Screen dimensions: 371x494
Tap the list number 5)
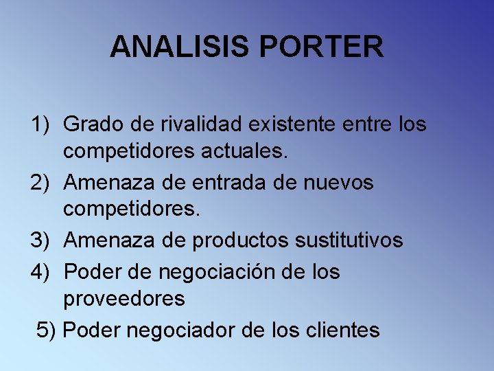pos(47,330)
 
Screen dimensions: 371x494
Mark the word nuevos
pos(340,183)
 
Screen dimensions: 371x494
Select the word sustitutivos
pos(349,240)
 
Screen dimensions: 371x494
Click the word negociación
pos(220,271)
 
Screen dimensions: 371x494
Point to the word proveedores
pos(124,300)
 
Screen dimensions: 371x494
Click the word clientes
pos(340,330)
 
